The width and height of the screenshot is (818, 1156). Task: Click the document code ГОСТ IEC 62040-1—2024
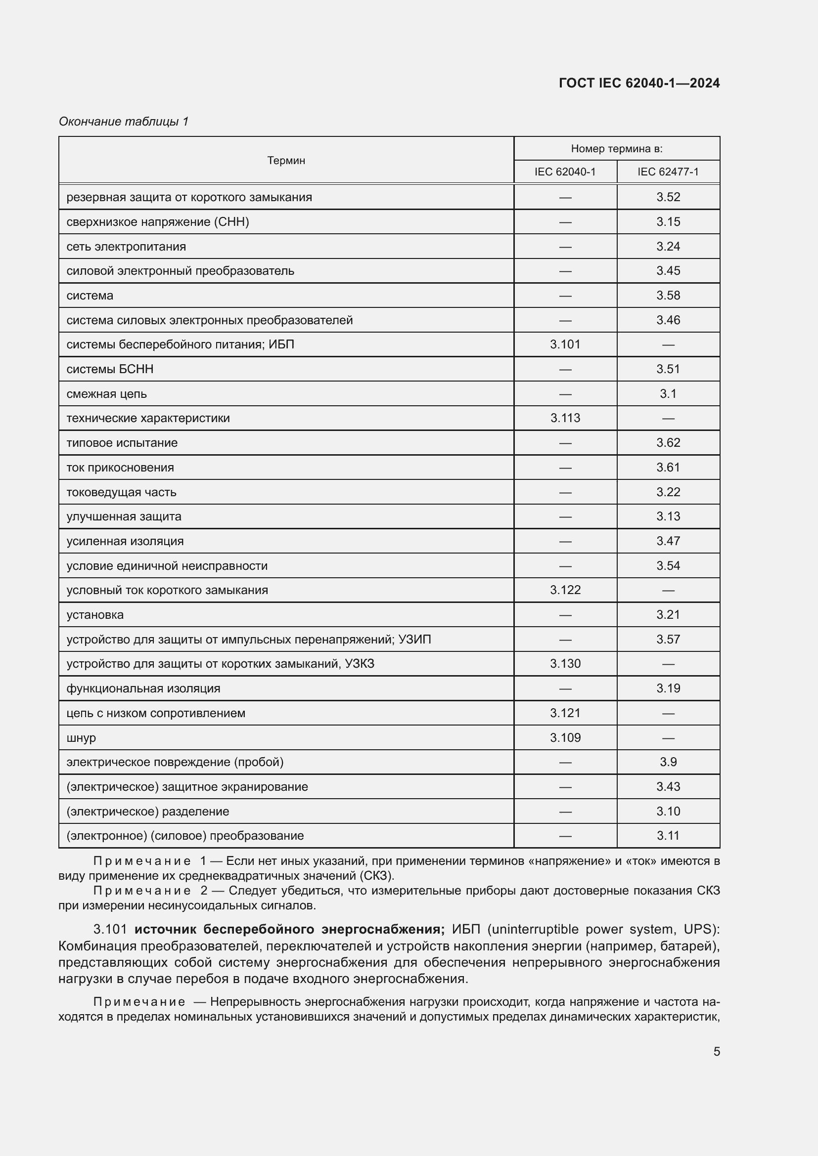click(x=638, y=83)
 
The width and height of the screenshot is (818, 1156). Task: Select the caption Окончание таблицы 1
click(x=124, y=122)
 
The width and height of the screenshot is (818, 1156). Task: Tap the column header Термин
click(x=285, y=161)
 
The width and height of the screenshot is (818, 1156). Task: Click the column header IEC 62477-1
click(x=668, y=172)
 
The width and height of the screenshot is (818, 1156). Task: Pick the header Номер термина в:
click(x=617, y=149)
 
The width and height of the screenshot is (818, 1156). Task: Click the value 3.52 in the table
click(x=668, y=197)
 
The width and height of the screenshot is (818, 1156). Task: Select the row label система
click(x=90, y=296)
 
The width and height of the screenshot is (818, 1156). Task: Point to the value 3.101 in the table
click(x=565, y=344)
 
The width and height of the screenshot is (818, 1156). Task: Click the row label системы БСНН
click(x=110, y=369)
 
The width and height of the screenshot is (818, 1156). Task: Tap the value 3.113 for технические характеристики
click(x=565, y=419)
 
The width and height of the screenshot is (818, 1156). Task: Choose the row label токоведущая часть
click(x=121, y=492)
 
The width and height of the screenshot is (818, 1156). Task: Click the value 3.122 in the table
click(x=565, y=590)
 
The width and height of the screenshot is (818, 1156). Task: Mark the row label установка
click(x=94, y=615)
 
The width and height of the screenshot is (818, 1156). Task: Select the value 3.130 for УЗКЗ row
click(x=565, y=664)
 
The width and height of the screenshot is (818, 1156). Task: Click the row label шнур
click(x=81, y=738)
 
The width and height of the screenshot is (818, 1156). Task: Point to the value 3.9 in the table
click(x=668, y=762)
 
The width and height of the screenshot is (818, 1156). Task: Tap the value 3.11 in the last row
click(x=668, y=836)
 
